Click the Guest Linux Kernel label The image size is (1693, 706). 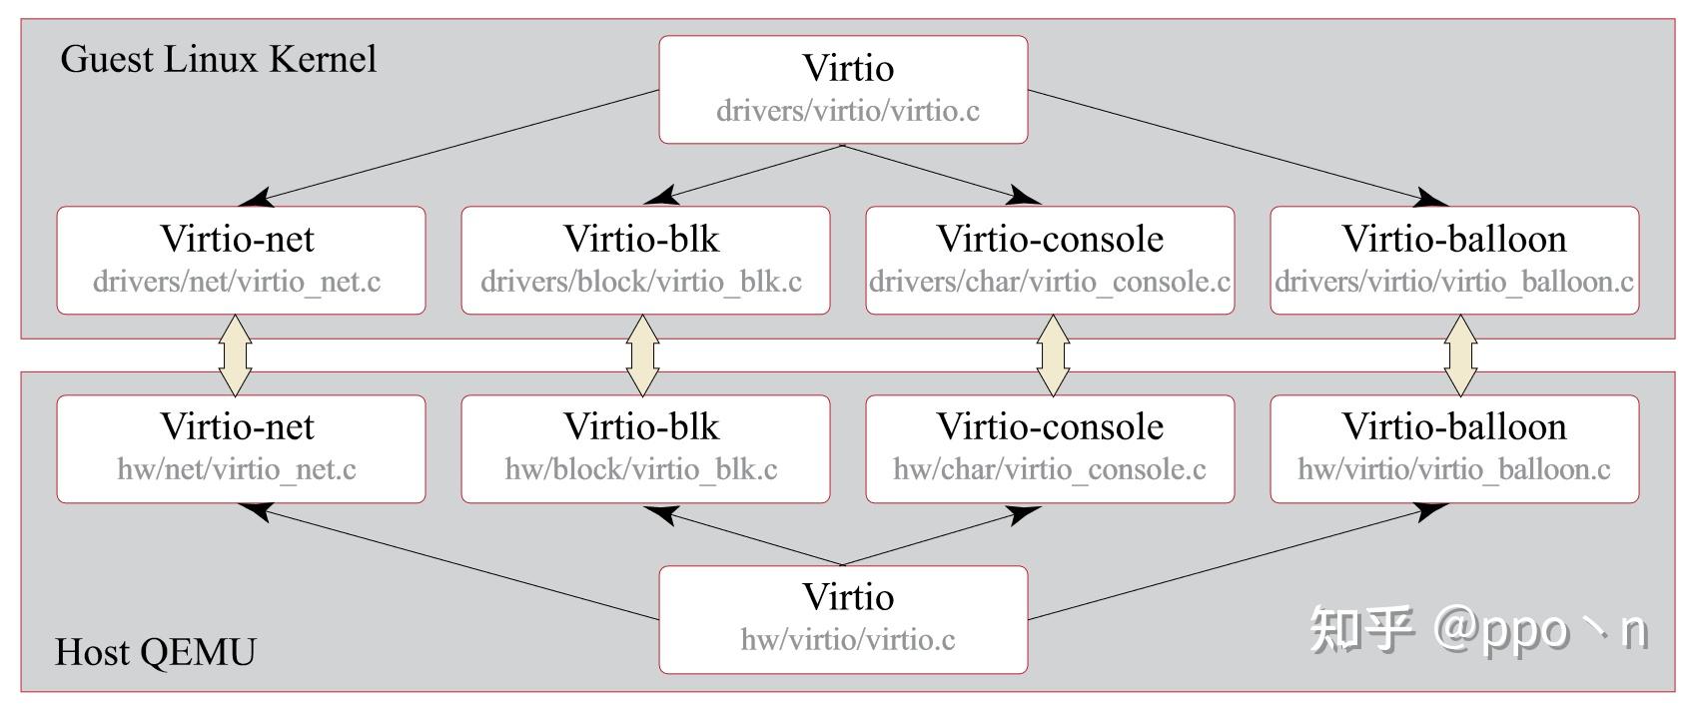[219, 60]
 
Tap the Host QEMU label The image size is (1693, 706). [156, 652]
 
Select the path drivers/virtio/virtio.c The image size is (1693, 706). [847, 111]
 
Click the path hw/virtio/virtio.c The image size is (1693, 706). [847, 640]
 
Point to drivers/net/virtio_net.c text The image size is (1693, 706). [237, 282]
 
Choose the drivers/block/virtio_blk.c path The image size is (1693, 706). [641, 282]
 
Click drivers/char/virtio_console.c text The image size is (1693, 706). [1050, 282]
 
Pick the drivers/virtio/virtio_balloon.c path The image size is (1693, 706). [1454, 282]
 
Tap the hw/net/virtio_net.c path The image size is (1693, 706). [237, 469]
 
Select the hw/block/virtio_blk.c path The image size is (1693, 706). [641, 469]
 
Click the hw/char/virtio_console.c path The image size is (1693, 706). [1050, 469]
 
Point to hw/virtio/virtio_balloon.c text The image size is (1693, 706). [1454, 469]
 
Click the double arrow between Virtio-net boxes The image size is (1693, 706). [235, 355]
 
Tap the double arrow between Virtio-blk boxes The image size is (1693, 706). [642, 355]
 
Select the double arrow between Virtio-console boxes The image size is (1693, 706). [1053, 355]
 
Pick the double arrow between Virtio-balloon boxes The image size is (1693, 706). [1460, 355]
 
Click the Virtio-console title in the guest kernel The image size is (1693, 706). [1050, 240]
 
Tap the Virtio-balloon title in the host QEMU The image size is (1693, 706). [1454, 427]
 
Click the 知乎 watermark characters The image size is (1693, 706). [1361, 629]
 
